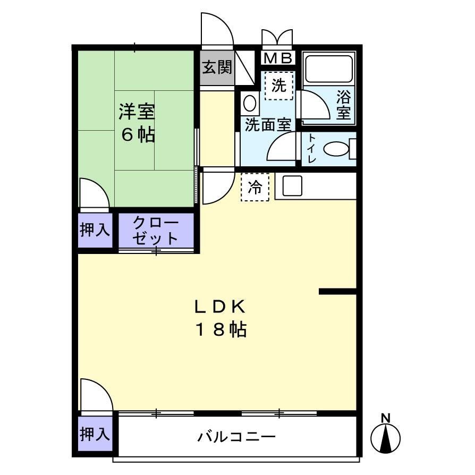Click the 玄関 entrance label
(x=216, y=67)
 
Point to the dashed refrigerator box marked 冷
(x=255, y=187)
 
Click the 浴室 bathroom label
(x=343, y=105)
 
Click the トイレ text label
(x=312, y=148)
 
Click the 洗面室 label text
(x=268, y=125)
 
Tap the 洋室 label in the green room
(x=137, y=112)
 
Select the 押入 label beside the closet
(x=95, y=230)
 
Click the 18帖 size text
(x=221, y=330)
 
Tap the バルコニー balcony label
(x=237, y=437)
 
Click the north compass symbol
(x=386, y=436)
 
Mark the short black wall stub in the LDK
(x=337, y=291)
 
